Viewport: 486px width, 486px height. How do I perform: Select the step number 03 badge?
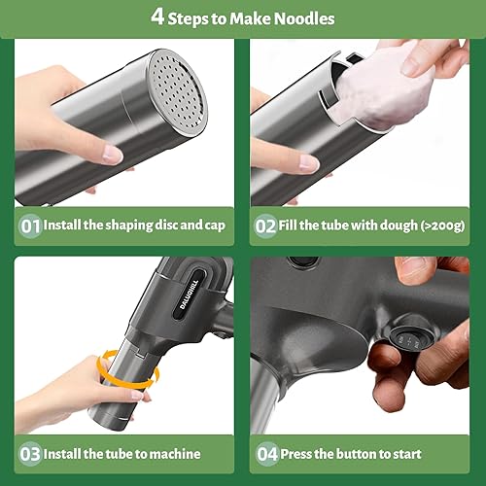[x=31, y=453]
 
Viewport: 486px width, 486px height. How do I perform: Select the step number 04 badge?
[x=266, y=453]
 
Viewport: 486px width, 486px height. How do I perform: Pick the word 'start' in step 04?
[x=433, y=453]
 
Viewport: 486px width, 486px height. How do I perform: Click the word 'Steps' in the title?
[x=191, y=17]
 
